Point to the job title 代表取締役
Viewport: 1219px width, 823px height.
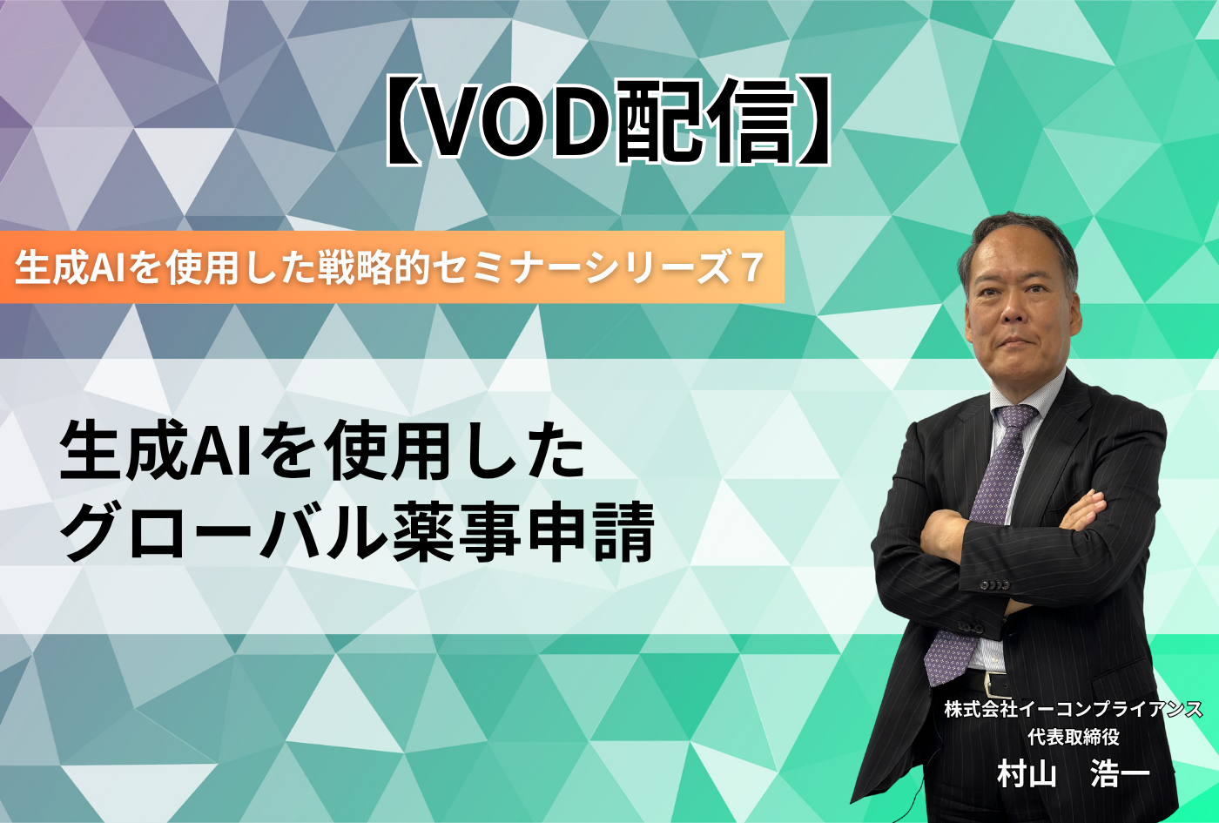coord(1074,737)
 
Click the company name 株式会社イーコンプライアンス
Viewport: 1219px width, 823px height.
coord(1073,709)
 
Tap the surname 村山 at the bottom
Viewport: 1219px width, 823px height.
coord(1027,774)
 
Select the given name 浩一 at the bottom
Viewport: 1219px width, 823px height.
coord(1121,774)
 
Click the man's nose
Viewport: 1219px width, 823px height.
coord(1012,307)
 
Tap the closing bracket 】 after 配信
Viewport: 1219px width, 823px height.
coord(812,122)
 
